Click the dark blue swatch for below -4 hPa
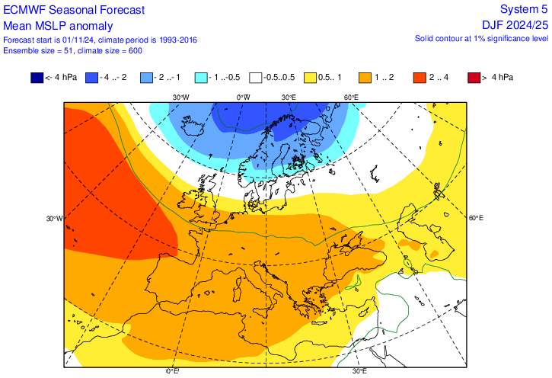[37, 78]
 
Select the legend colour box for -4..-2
[93, 78]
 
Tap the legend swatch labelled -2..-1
[147, 78]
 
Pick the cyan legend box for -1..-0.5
[201, 78]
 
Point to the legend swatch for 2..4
[420, 78]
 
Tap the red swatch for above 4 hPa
[474, 78]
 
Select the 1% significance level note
[480, 38]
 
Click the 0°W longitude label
[243, 98]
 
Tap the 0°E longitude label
[173, 371]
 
